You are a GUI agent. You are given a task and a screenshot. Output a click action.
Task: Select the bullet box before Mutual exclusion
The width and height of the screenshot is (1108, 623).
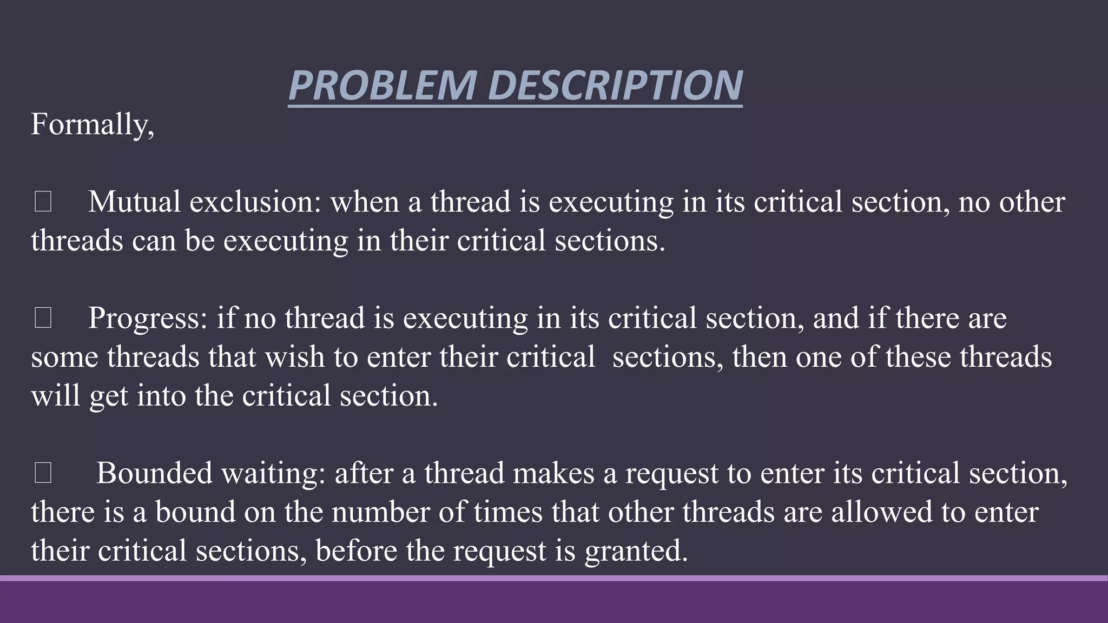pyautogui.click(x=43, y=202)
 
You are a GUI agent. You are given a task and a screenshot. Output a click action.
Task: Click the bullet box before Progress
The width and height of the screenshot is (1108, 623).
pyautogui.click(x=43, y=318)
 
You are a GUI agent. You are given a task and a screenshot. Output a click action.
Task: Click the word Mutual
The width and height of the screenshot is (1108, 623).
pyautogui.click(x=134, y=202)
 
